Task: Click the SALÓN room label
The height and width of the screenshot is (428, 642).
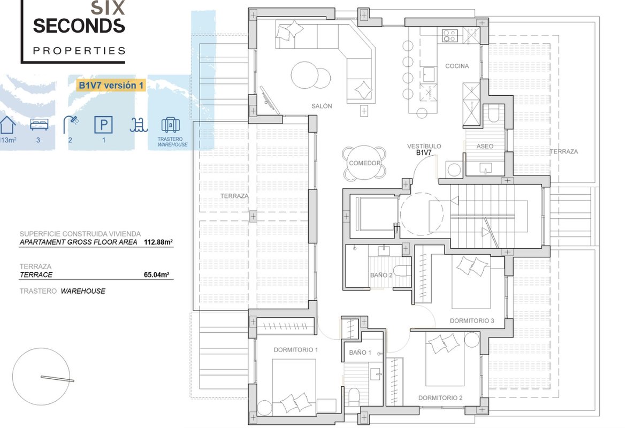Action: click(x=322, y=106)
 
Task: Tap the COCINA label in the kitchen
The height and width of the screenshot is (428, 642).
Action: click(x=457, y=66)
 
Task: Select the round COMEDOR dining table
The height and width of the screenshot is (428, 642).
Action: click(x=364, y=163)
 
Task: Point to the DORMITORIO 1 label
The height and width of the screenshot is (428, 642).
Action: click(x=295, y=350)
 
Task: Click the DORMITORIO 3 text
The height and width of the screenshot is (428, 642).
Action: click(x=472, y=321)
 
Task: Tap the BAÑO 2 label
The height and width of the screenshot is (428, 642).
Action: click(x=381, y=275)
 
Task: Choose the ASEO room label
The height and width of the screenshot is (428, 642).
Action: click(x=485, y=146)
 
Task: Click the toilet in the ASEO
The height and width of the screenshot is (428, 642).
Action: click(x=493, y=114)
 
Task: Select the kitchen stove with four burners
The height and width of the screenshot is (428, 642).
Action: click(x=449, y=36)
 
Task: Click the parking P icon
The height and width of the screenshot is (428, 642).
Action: click(x=103, y=125)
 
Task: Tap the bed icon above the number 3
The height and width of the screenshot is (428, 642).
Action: click(x=39, y=125)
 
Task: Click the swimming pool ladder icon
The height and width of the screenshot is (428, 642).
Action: click(x=139, y=125)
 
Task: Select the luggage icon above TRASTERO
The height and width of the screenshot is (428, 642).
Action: click(x=171, y=125)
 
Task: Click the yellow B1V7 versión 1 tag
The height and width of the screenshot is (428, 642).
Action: click(x=111, y=86)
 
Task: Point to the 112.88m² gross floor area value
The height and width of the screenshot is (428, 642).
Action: click(x=158, y=242)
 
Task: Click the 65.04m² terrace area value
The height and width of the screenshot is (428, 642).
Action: click(x=156, y=274)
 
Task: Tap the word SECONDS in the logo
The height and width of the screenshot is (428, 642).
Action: click(x=79, y=26)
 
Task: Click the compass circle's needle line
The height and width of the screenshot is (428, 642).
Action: click(x=57, y=379)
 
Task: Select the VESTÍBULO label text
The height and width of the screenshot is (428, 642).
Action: click(x=424, y=146)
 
